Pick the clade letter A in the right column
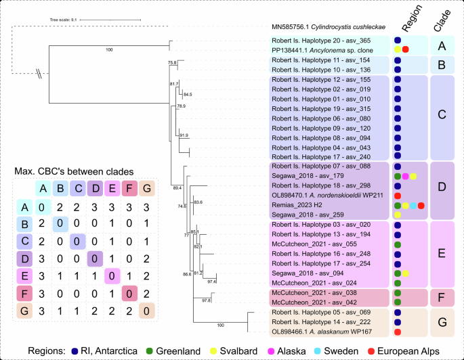pos(441,45)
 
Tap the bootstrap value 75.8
pos(173,63)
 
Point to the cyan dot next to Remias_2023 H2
pos(413,205)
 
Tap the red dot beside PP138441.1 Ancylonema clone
pos(405,50)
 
